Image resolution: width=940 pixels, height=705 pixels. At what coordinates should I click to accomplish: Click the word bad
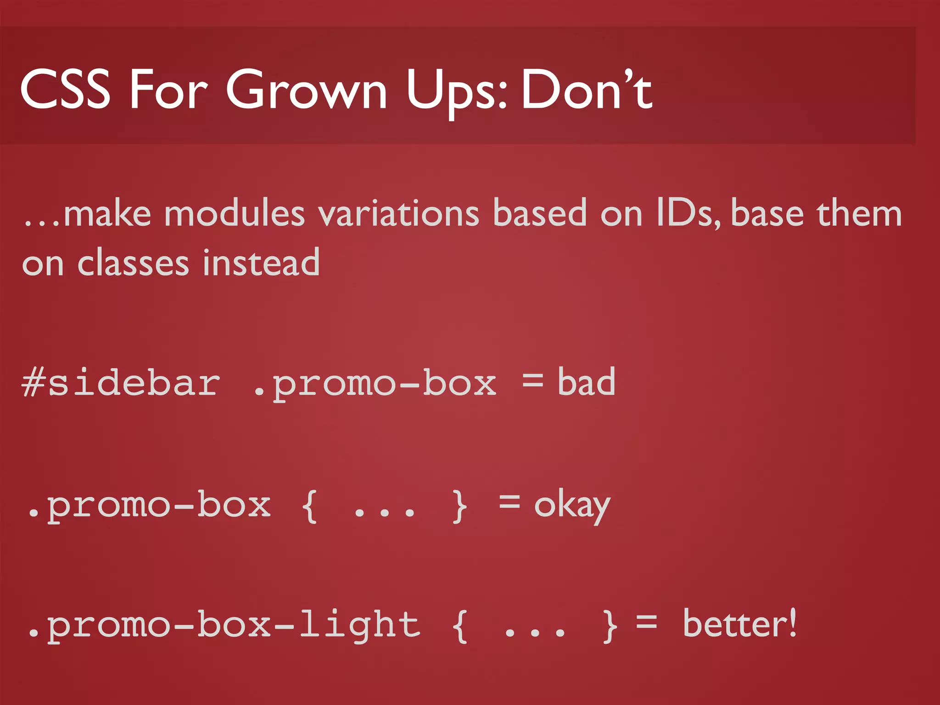point(586,382)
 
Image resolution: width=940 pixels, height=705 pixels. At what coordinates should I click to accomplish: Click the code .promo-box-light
point(223,625)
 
